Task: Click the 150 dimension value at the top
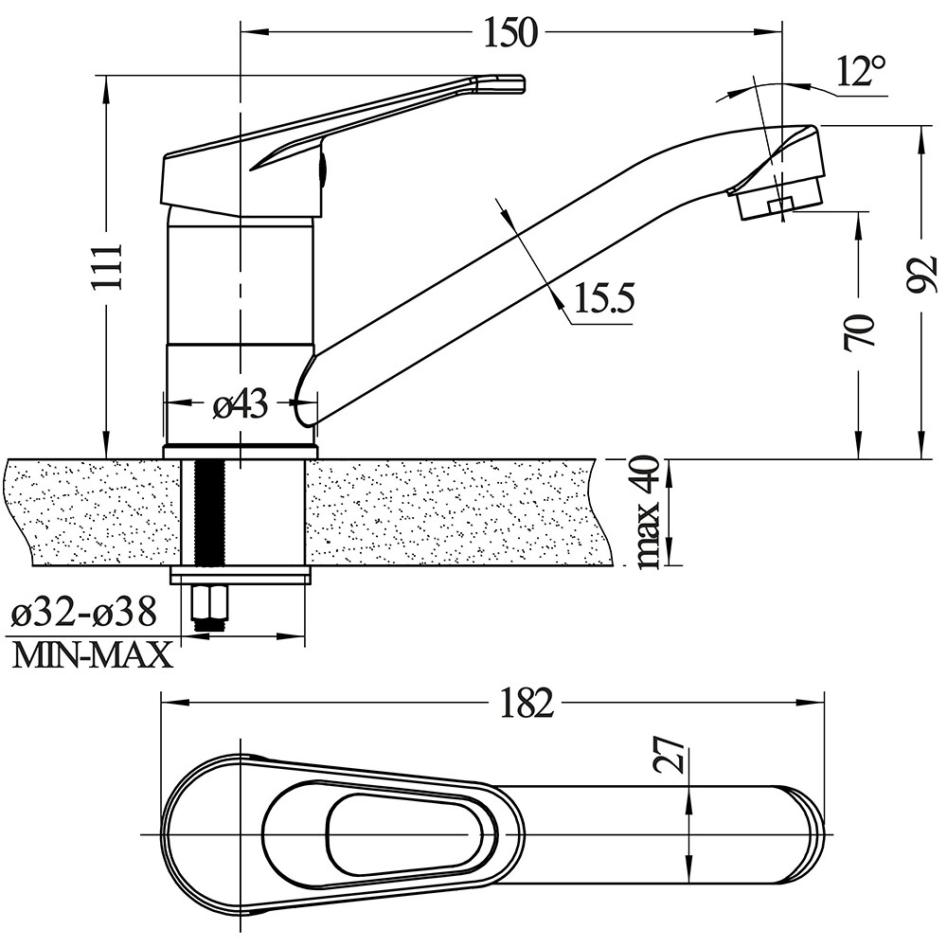point(510,32)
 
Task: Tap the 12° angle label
point(861,71)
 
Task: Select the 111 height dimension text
point(108,266)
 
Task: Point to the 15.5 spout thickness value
point(604,297)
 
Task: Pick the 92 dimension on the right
point(921,275)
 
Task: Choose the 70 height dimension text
point(859,332)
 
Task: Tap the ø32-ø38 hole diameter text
point(84,613)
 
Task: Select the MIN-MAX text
point(93,655)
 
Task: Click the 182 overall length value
point(527,703)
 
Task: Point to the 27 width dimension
point(670,755)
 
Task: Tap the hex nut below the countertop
point(209,601)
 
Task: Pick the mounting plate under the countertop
point(241,576)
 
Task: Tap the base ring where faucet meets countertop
point(240,452)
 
